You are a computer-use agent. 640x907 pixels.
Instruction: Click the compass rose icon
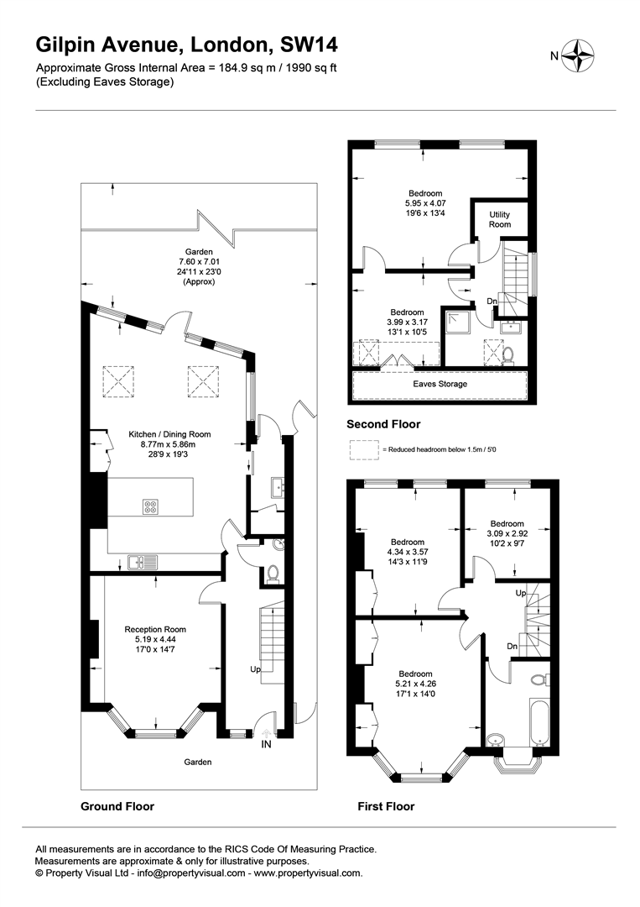click(578, 56)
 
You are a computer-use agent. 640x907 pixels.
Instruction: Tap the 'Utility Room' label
click(500, 219)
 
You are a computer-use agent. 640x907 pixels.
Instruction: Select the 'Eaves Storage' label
click(440, 384)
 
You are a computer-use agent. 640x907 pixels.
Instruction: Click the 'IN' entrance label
click(266, 744)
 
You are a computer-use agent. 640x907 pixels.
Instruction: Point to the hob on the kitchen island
click(150, 506)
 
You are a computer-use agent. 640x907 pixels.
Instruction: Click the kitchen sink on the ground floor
click(142, 561)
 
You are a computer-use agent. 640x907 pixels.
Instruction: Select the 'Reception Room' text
click(155, 629)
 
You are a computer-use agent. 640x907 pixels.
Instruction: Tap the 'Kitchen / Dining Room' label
click(169, 434)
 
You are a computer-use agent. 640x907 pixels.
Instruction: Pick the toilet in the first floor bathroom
click(539, 678)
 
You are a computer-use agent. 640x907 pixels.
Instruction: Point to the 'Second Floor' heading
click(383, 424)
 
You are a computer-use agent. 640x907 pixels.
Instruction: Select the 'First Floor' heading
click(386, 805)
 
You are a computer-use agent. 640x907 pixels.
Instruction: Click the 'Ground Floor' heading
click(117, 805)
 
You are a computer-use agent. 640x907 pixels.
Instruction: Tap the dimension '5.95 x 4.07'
click(426, 203)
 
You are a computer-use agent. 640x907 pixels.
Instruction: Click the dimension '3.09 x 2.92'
click(507, 534)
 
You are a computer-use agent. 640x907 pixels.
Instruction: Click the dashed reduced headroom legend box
click(364, 451)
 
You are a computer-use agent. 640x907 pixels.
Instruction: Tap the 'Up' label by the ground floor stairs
click(255, 670)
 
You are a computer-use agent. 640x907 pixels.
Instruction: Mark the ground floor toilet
click(272, 574)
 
